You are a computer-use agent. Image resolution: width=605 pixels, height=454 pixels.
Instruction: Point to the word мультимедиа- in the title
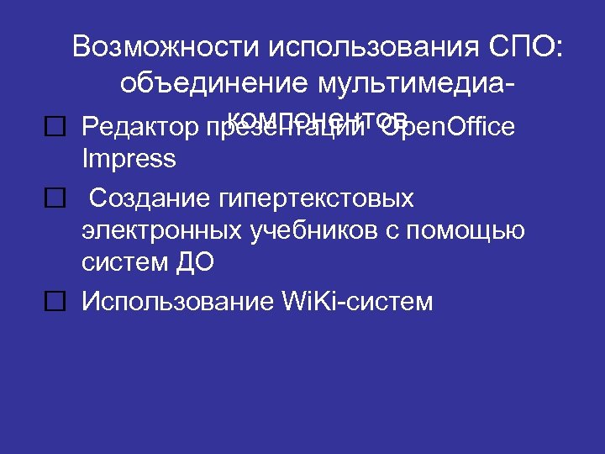(x=417, y=83)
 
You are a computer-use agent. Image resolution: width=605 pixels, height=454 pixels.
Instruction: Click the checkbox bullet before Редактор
(x=55, y=128)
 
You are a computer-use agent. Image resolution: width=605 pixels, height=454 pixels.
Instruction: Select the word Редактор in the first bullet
(x=138, y=128)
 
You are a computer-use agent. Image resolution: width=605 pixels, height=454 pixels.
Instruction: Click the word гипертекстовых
(x=317, y=199)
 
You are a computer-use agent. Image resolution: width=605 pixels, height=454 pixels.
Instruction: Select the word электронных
(x=155, y=230)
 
